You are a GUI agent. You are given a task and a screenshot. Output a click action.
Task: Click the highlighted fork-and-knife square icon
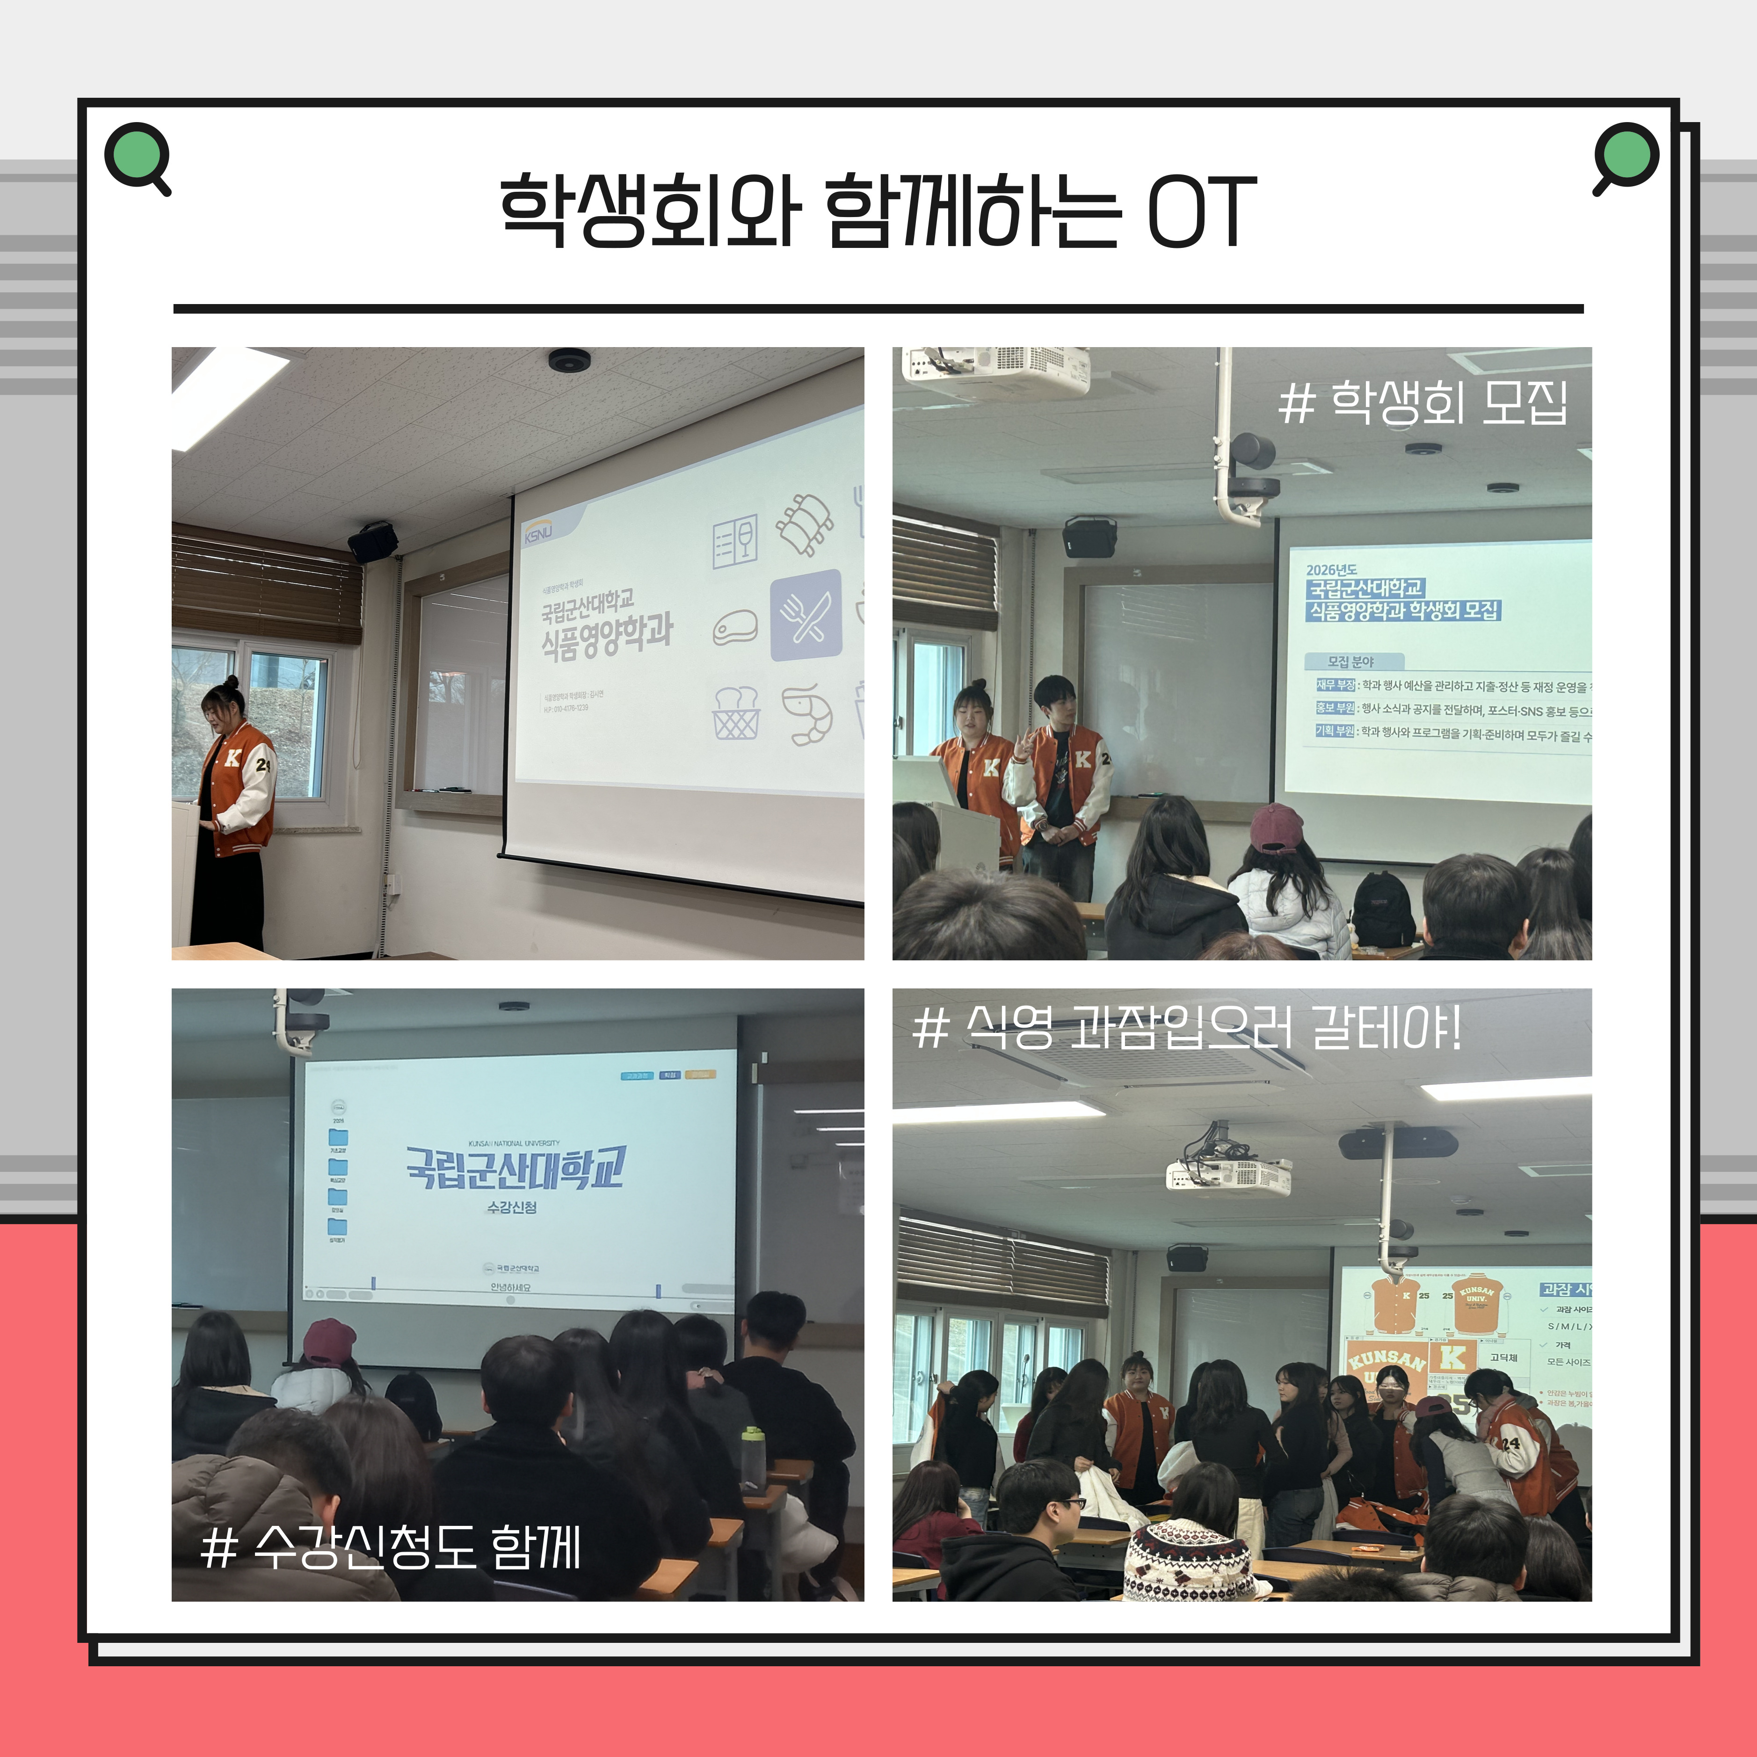806,615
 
